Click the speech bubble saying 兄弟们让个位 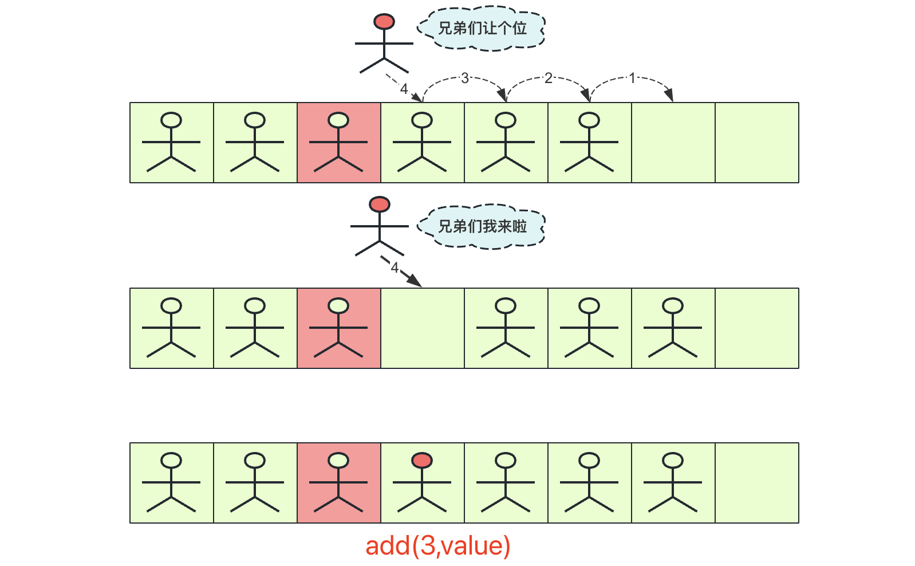[482, 28]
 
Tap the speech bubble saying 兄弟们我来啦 [482, 226]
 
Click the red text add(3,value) [438, 545]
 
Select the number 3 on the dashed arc [465, 78]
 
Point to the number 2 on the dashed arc [549, 78]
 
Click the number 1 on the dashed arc [632, 78]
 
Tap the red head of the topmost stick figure [384, 22]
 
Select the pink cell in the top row [339, 143]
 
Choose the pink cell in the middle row [339, 328]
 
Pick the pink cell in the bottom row [339, 483]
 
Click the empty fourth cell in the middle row [423, 328]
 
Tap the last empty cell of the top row [757, 143]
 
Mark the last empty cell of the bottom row [757, 483]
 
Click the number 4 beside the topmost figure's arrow [404, 89]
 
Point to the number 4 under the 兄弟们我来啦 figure [394, 268]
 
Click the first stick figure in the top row [171, 143]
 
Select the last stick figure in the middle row [673, 328]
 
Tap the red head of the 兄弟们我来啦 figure [380, 204]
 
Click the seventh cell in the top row [673, 143]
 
